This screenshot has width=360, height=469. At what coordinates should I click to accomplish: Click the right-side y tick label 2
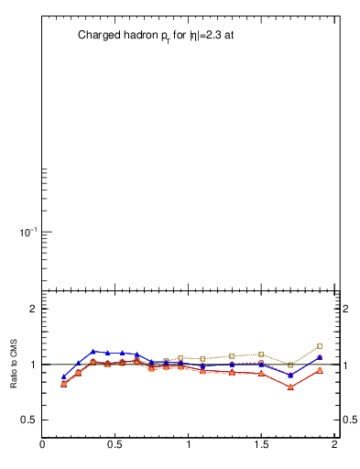pyautogui.click(x=346, y=309)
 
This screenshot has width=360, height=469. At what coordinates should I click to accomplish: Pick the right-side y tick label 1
pyautogui.click(x=346, y=365)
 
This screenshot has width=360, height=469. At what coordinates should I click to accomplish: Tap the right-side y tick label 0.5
pyautogui.click(x=350, y=420)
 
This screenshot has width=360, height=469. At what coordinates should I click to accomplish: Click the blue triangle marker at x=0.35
pyautogui.click(x=93, y=351)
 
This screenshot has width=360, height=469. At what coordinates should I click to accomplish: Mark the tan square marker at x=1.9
pyautogui.click(x=320, y=346)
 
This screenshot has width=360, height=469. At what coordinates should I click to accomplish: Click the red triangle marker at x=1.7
pyautogui.click(x=290, y=387)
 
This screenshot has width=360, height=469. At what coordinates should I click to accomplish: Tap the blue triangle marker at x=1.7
pyautogui.click(x=290, y=376)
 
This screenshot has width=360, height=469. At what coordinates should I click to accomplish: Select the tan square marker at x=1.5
pyautogui.click(x=261, y=354)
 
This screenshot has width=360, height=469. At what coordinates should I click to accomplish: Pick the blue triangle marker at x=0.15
pyautogui.click(x=64, y=376)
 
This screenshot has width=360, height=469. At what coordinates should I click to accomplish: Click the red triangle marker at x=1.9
pyautogui.click(x=320, y=370)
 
